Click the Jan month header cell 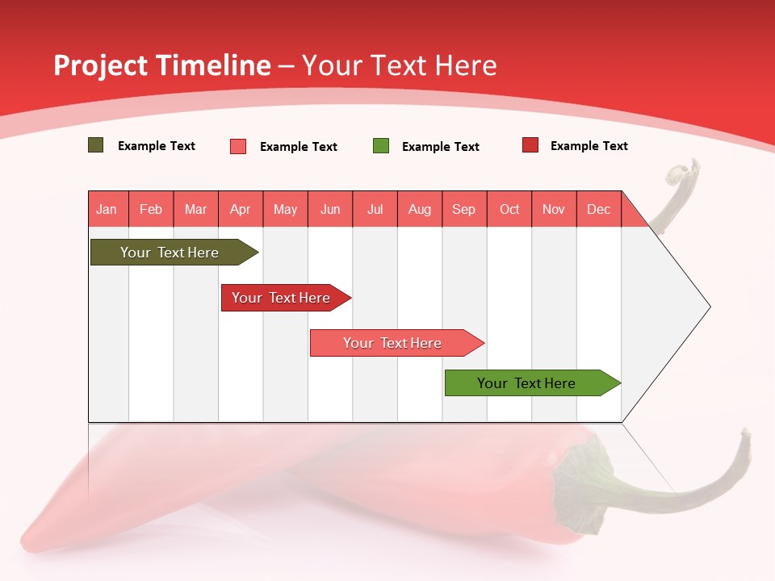pos(107,209)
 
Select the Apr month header pos(241,209)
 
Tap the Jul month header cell pos(375,209)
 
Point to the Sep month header pos(463,209)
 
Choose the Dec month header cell pos(598,209)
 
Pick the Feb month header pos(151,209)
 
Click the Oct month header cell pos(509,209)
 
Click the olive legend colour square pos(96,145)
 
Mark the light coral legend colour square pos(238,146)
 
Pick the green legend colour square pos(381,146)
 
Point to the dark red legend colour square pos(530,145)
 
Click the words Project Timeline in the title pos(161,65)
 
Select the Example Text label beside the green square pos(441,147)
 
